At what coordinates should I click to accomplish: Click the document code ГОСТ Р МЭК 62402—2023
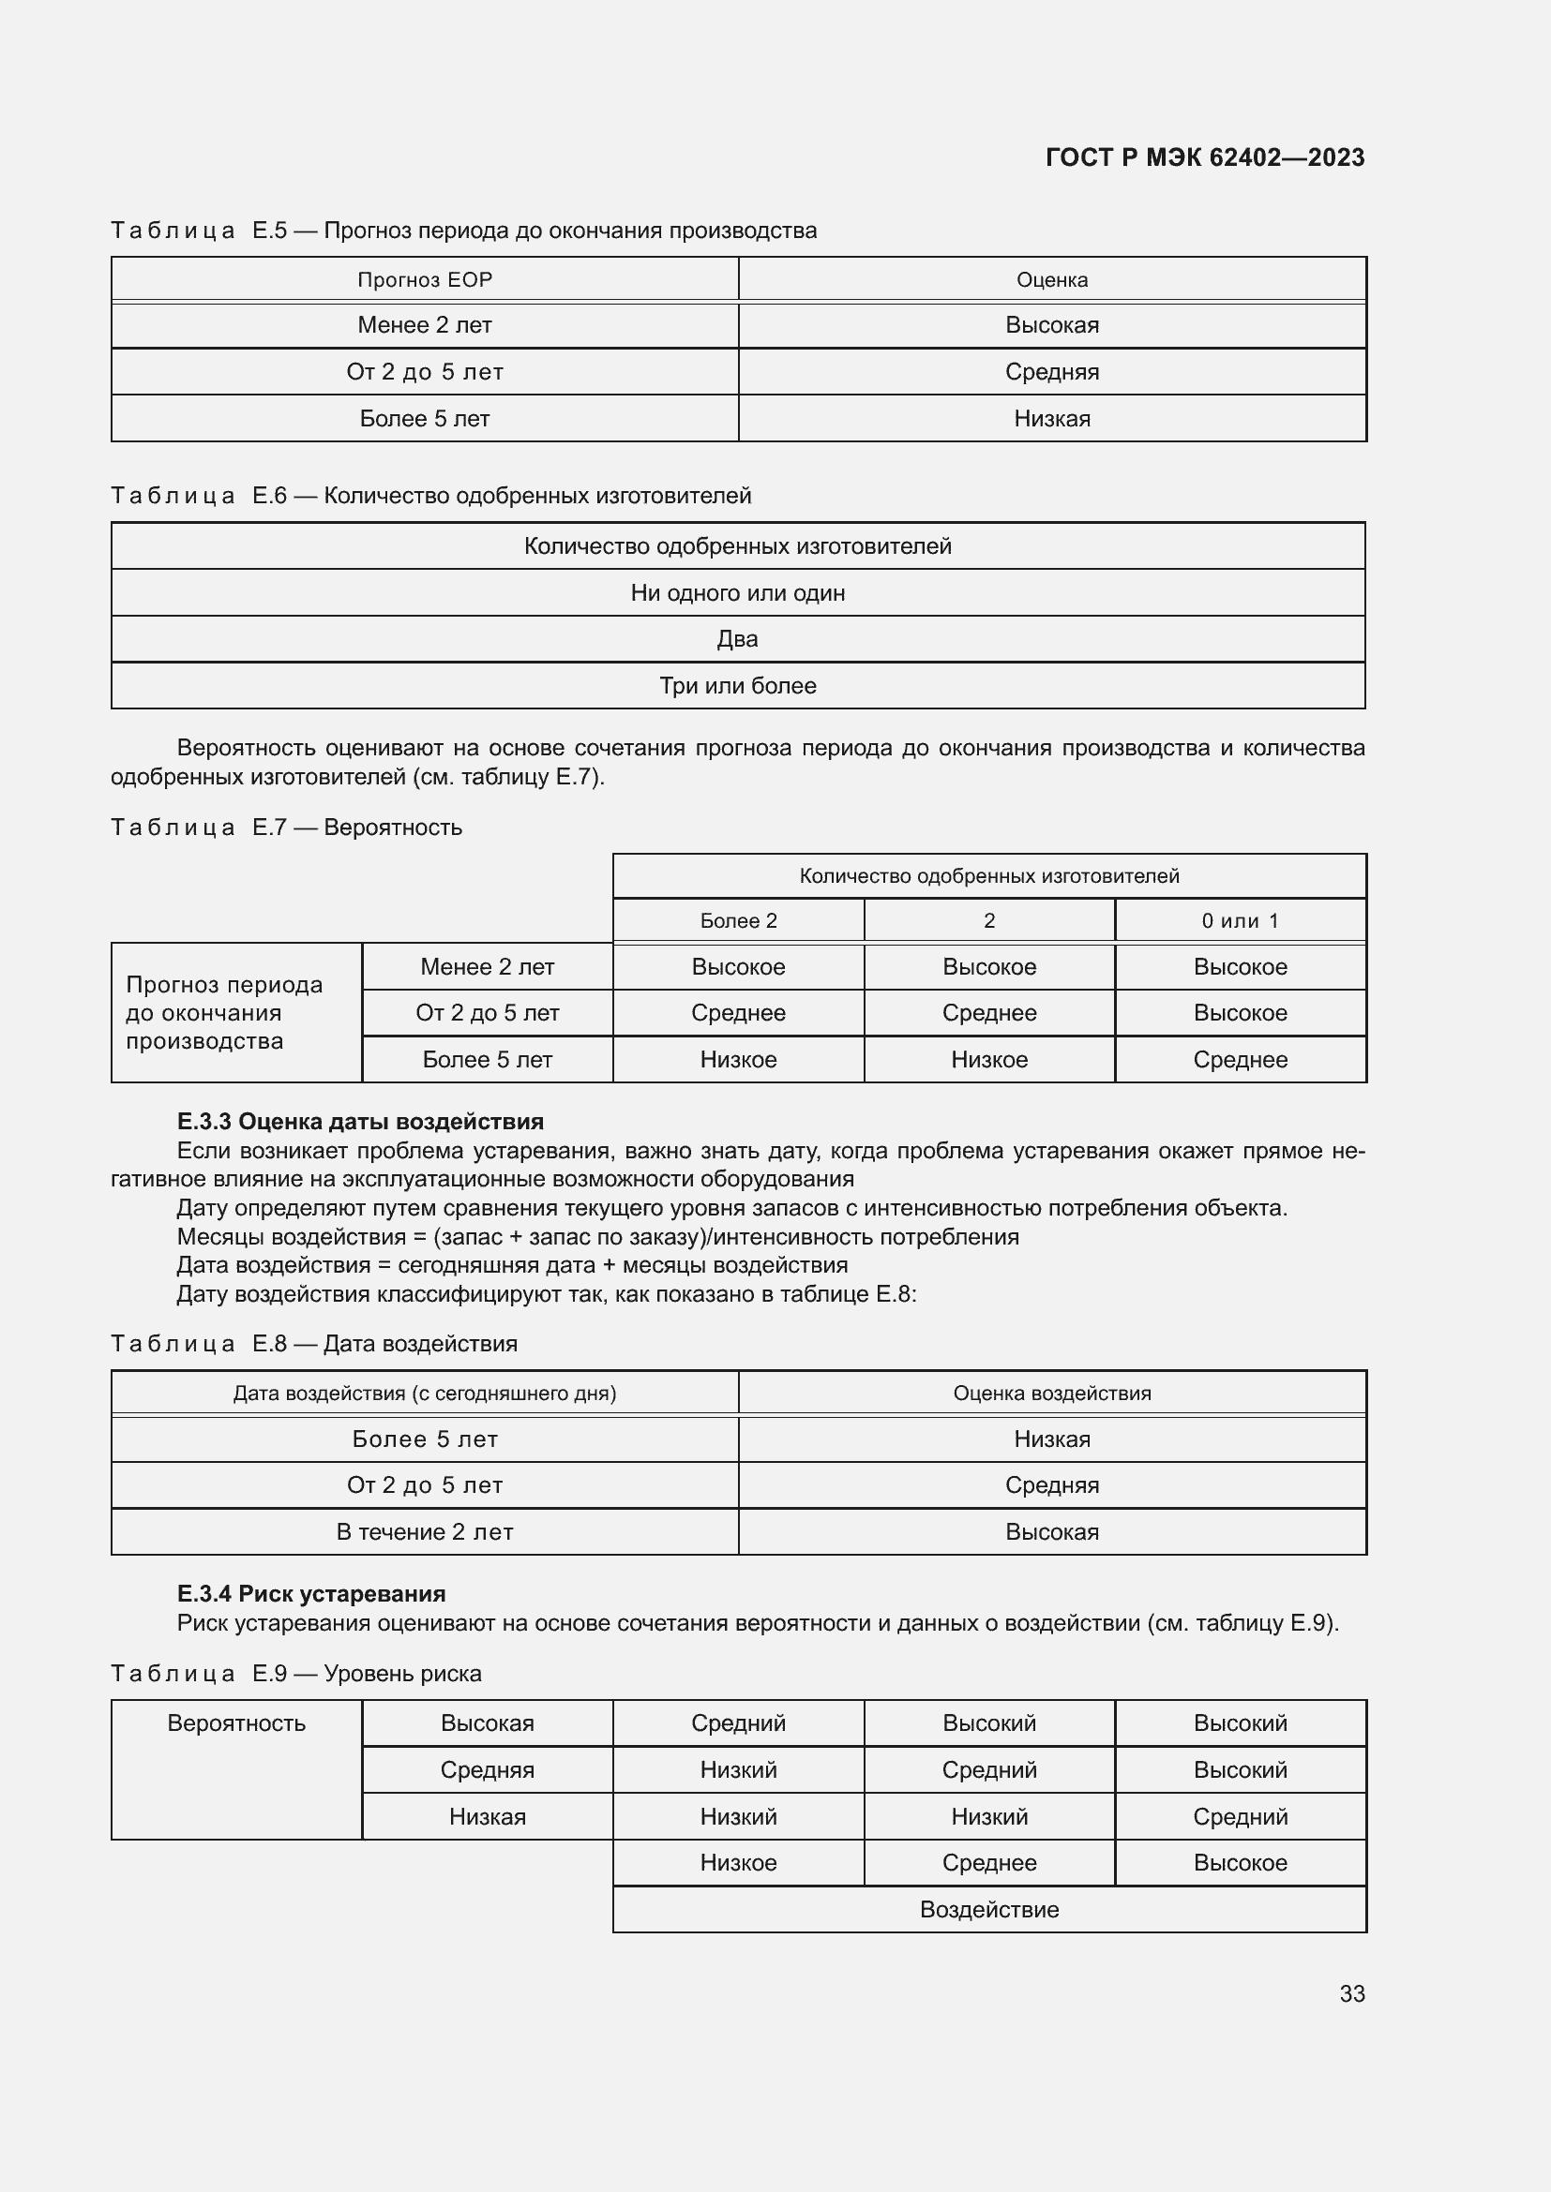[x=1204, y=157]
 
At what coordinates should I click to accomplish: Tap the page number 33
[x=1351, y=1993]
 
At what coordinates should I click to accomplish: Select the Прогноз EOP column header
[x=424, y=279]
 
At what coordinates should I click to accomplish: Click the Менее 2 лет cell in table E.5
[x=424, y=325]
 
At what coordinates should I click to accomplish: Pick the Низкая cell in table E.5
[x=1051, y=419]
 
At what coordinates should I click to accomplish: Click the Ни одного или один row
[x=737, y=593]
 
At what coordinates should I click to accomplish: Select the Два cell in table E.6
[x=737, y=639]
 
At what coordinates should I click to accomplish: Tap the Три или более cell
[x=737, y=685]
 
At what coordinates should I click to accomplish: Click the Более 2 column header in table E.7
[x=738, y=920]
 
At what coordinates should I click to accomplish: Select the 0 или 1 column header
[x=1240, y=920]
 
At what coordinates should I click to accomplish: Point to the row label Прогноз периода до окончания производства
[x=224, y=1013]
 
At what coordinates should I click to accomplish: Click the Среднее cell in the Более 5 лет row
[x=1240, y=1060]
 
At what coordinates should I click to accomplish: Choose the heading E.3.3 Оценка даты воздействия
[x=360, y=1122]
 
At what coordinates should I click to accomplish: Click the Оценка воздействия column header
[x=1051, y=1393]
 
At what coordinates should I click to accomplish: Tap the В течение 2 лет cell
[x=424, y=1531]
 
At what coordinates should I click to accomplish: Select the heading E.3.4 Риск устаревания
[x=311, y=1593]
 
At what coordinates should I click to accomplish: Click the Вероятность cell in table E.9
[x=236, y=1723]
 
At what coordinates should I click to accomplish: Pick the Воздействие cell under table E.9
[x=988, y=1909]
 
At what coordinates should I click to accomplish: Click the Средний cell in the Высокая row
[x=738, y=1723]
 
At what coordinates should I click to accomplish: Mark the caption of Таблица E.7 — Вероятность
[x=287, y=828]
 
